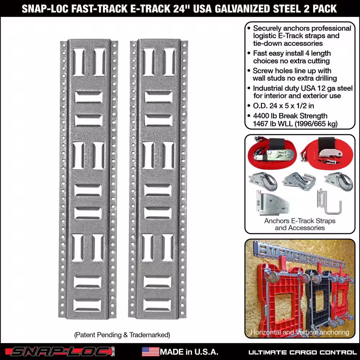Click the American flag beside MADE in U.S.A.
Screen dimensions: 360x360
tap(150, 352)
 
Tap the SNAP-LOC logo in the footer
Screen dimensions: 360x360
tap(60, 351)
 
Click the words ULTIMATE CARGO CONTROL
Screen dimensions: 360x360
tap(303, 352)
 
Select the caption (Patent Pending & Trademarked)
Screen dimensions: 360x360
tap(122, 335)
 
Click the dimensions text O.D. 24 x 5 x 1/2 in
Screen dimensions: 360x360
tap(283, 105)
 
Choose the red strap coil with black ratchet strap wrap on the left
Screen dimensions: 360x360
tap(272, 153)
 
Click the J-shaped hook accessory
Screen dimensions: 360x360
tap(329, 202)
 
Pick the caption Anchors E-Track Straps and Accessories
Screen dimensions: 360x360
tap(300, 224)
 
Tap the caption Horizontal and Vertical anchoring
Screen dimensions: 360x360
tap(300, 332)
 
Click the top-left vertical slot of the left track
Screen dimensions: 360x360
tap(79, 62)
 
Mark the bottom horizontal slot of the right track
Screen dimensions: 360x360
tap(157, 305)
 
